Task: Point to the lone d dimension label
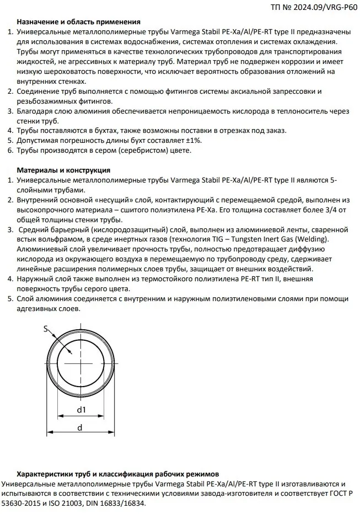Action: (x=79, y=427)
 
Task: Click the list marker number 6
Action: (x=11, y=150)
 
